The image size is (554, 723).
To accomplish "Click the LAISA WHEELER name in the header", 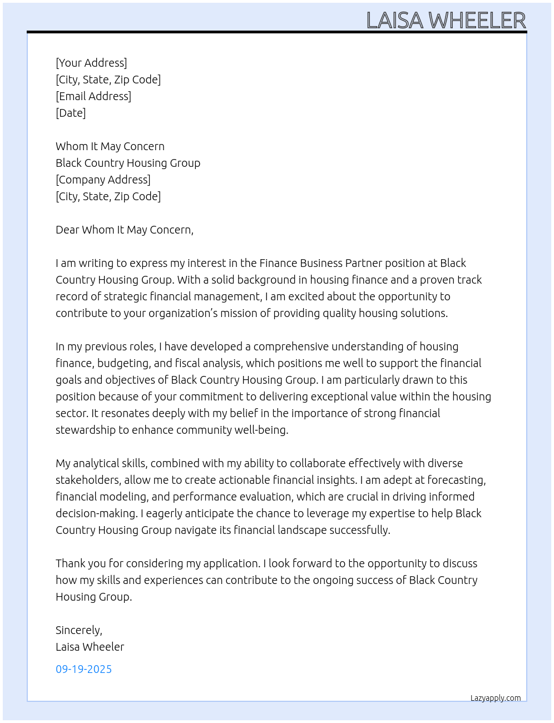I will (446, 21).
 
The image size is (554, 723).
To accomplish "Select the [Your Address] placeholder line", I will (91, 63).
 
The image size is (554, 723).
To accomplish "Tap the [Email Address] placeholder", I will (93, 96).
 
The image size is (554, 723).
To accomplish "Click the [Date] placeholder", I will (71, 113).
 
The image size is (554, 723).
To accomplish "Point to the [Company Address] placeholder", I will (103, 180).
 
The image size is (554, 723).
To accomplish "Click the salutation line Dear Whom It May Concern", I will (124, 230).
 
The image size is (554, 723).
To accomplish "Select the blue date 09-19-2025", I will (83, 669).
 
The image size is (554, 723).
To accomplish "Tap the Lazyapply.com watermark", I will (496, 698).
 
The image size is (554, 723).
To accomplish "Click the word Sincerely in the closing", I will (78, 630).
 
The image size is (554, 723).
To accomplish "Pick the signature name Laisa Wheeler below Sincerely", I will (90, 647).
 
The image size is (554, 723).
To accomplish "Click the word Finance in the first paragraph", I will (278, 263).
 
